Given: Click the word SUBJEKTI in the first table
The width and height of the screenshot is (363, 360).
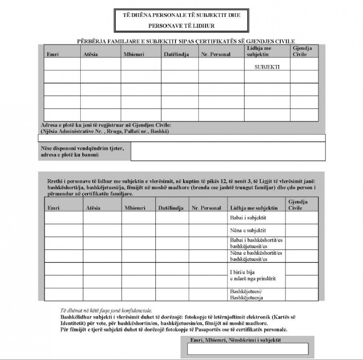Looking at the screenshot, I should (267, 67).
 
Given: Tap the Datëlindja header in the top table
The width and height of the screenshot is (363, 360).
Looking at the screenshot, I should (176, 54).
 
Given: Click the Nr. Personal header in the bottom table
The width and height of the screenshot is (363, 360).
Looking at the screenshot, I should (206, 208).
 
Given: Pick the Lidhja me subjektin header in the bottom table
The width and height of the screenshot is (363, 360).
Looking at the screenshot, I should (254, 208).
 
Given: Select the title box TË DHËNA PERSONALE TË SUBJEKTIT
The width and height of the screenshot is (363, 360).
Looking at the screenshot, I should (181, 20).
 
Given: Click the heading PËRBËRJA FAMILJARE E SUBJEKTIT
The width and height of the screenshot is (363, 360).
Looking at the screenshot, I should (186, 41).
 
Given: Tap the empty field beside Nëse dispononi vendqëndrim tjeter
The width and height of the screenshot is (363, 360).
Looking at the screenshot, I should (228, 151).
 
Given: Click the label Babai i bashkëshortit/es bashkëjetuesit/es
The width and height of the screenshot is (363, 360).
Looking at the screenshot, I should (256, 243).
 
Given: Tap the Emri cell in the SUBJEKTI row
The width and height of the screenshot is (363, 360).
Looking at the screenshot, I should (62, 64).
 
